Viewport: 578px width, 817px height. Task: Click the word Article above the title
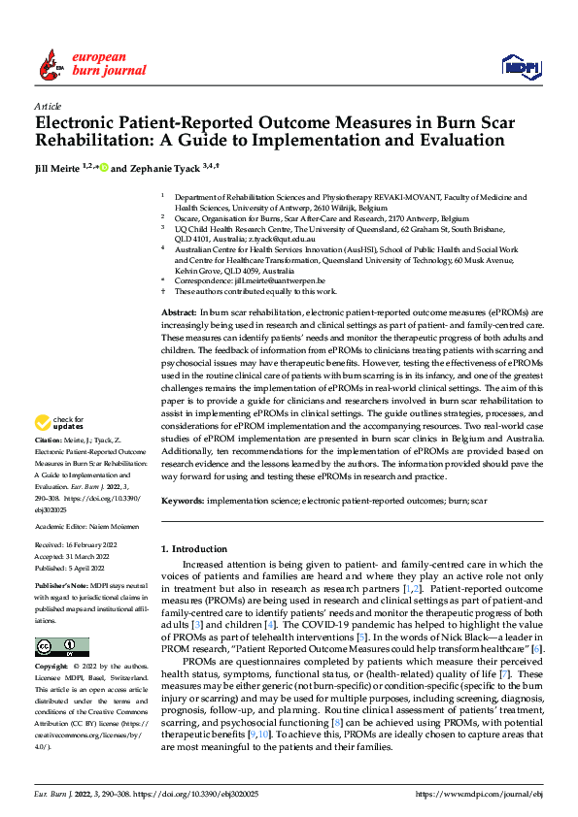pos(48,106)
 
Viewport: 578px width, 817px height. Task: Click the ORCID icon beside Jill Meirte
pos(103,168)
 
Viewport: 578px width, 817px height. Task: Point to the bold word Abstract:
pos(178,311)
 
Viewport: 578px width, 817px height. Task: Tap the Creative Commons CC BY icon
pos(61,647)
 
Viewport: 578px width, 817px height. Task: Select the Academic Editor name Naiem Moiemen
pos(113,525)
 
